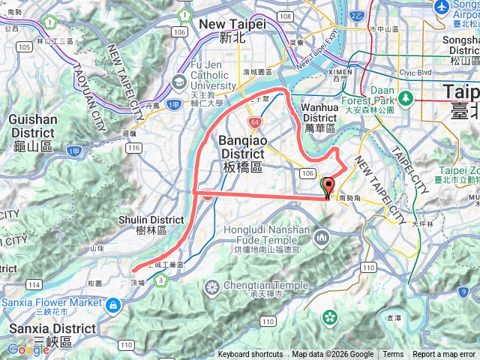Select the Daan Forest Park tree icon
(405, 97)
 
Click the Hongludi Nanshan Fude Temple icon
(322, 238)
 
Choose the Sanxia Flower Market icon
(112, 304)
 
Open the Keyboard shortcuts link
(250, 355)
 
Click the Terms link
(393, 355)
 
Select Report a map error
(444, 355)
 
